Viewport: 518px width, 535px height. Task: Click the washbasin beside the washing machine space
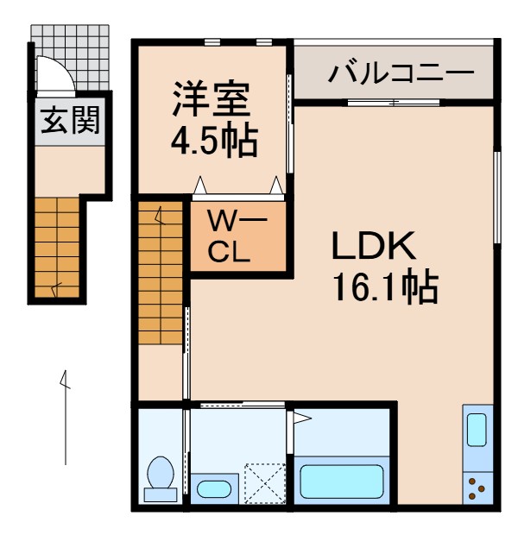coord(212,488)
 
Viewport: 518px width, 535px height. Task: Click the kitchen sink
coord(477,429)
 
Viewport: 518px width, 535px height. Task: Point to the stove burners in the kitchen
coord(477,488)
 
